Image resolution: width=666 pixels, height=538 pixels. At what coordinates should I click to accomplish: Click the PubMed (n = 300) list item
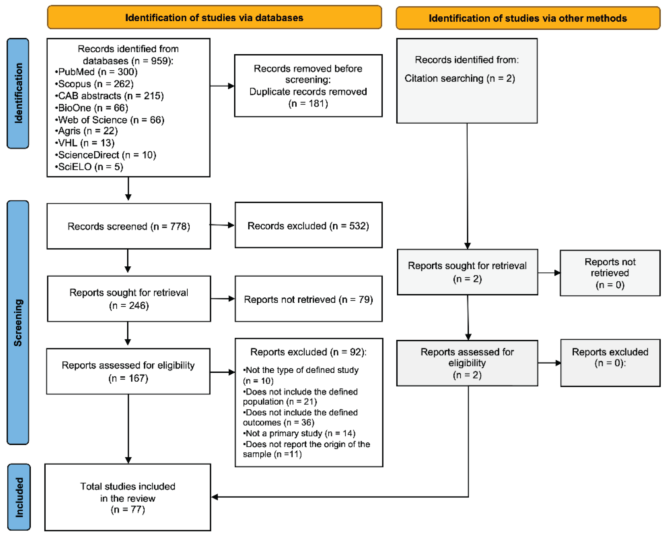(96, 72)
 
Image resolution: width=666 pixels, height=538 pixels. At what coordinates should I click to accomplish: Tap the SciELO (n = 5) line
(89, 167)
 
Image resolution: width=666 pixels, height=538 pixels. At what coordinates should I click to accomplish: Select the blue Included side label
(19, 497)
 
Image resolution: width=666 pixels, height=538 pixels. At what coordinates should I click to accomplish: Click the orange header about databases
(214, 18)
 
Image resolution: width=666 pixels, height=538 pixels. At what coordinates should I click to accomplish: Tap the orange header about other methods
(528, 18)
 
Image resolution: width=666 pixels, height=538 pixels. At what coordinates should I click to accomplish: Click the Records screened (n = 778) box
(129, 226)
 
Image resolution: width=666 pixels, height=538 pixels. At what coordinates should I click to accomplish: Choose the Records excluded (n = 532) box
(308, 226)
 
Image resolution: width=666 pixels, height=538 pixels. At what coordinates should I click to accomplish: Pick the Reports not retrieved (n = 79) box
(308, 299)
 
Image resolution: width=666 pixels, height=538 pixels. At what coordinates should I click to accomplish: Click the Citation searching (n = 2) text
(460, 78)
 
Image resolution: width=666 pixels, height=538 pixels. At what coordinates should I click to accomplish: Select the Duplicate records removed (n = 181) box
(308, 86)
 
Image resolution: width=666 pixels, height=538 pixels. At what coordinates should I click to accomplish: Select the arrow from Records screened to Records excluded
(222, 225)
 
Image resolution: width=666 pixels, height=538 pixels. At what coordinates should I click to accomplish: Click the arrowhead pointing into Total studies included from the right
(215, 497)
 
